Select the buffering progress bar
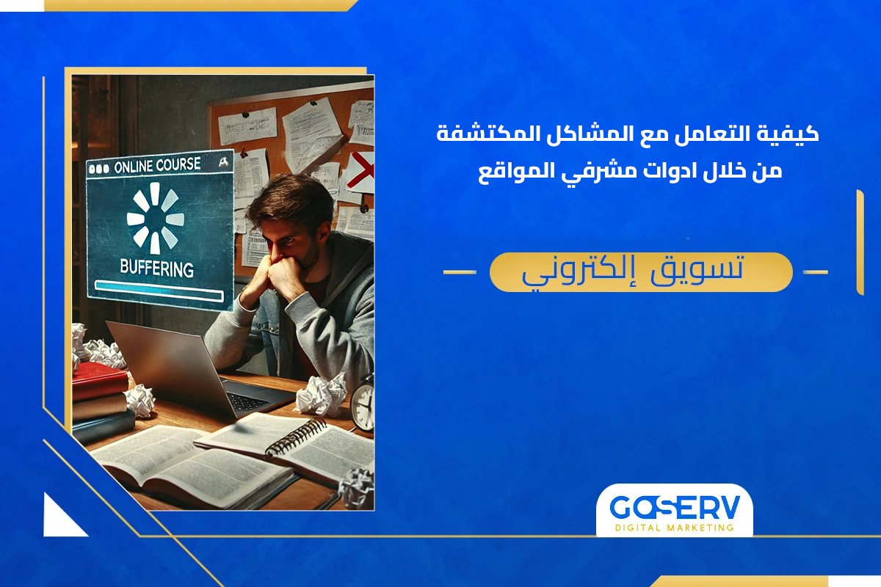pos(159,294)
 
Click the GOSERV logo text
pos(674,507)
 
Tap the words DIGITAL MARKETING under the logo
pos(674,528)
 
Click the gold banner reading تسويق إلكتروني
pos(640,271)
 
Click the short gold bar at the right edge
pos(859,242)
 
